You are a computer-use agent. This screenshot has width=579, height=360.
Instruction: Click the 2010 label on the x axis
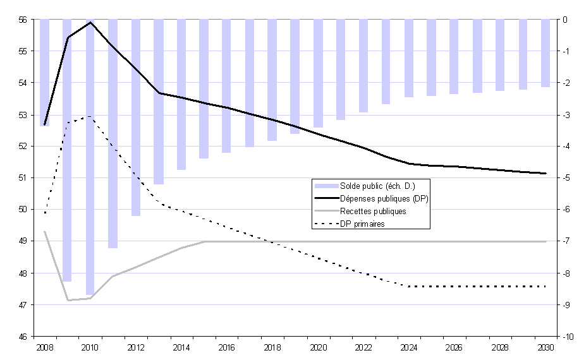(x=90, y=348)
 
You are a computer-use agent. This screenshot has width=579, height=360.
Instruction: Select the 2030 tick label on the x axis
(x=546, y=348)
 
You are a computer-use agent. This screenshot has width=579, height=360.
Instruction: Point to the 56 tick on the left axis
(x=22, y=20)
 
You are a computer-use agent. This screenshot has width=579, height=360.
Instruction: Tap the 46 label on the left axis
(x=22, y=337)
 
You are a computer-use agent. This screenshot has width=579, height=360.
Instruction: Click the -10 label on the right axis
(x=568, y=337)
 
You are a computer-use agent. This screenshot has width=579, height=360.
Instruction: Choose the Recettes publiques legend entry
(x=373, y=211)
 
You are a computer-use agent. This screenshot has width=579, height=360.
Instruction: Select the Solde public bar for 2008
(x=45, y=72)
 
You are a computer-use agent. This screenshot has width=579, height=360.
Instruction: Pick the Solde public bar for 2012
(x=136, y=117)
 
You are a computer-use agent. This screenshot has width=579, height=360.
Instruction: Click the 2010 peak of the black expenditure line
(x=90, y=23)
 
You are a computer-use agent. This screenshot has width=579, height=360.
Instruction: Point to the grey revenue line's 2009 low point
(x=68, y=300)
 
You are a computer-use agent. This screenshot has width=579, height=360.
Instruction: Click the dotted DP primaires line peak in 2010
(x=90, y=116)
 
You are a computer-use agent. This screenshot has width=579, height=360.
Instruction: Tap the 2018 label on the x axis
(x=272, y=348)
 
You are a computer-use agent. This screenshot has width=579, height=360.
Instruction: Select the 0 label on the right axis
(x=566, y=20)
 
